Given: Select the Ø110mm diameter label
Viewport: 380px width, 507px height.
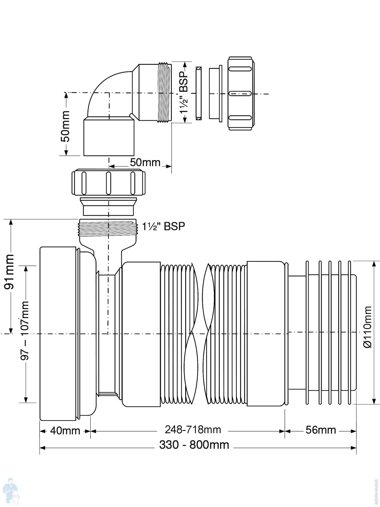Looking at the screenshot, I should tap(367, 327).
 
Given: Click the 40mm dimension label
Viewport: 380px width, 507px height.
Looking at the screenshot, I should tap(65, 431).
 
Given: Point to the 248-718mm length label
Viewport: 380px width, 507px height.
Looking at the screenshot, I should tap(193, 430).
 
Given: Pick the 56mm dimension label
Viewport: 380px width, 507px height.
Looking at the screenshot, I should tap(320, 430).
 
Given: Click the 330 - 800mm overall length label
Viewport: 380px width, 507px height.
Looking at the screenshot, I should tap(194, 445).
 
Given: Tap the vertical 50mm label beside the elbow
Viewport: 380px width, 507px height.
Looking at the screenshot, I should tap(65, 126).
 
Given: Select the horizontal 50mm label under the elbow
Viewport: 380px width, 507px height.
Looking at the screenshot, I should tap(145, 162).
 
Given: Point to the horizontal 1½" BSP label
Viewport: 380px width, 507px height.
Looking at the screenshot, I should tap(163, 226).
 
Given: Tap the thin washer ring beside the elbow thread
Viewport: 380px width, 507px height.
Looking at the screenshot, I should tap(199, 93).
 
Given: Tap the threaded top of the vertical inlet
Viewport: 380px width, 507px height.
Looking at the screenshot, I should tap(108, 228).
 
